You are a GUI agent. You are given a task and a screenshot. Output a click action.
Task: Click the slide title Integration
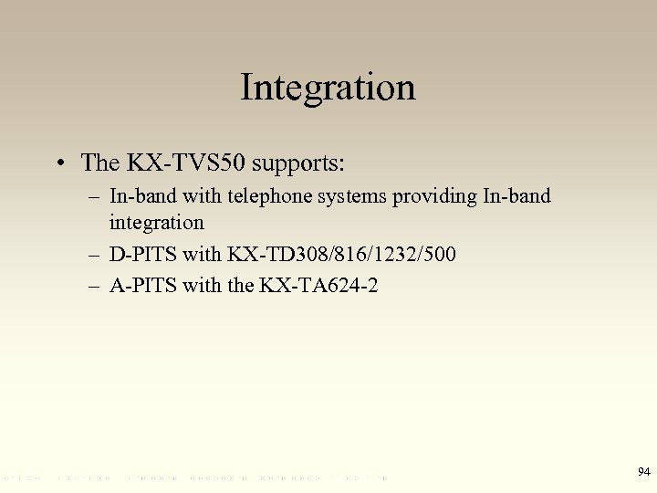point(328,88)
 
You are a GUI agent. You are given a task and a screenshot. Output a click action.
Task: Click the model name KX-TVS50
point(186,163)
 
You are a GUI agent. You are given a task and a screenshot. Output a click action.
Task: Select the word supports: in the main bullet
point(299,163)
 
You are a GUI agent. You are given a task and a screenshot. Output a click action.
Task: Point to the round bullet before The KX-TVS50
point(60,164)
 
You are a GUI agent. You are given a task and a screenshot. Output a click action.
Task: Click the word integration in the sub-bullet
point(156,222)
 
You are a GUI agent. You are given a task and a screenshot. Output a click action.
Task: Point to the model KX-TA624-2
point(318,286)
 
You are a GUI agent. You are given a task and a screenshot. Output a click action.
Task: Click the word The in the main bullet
point(100,163)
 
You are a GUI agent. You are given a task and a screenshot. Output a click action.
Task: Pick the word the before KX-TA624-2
point(240,286)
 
